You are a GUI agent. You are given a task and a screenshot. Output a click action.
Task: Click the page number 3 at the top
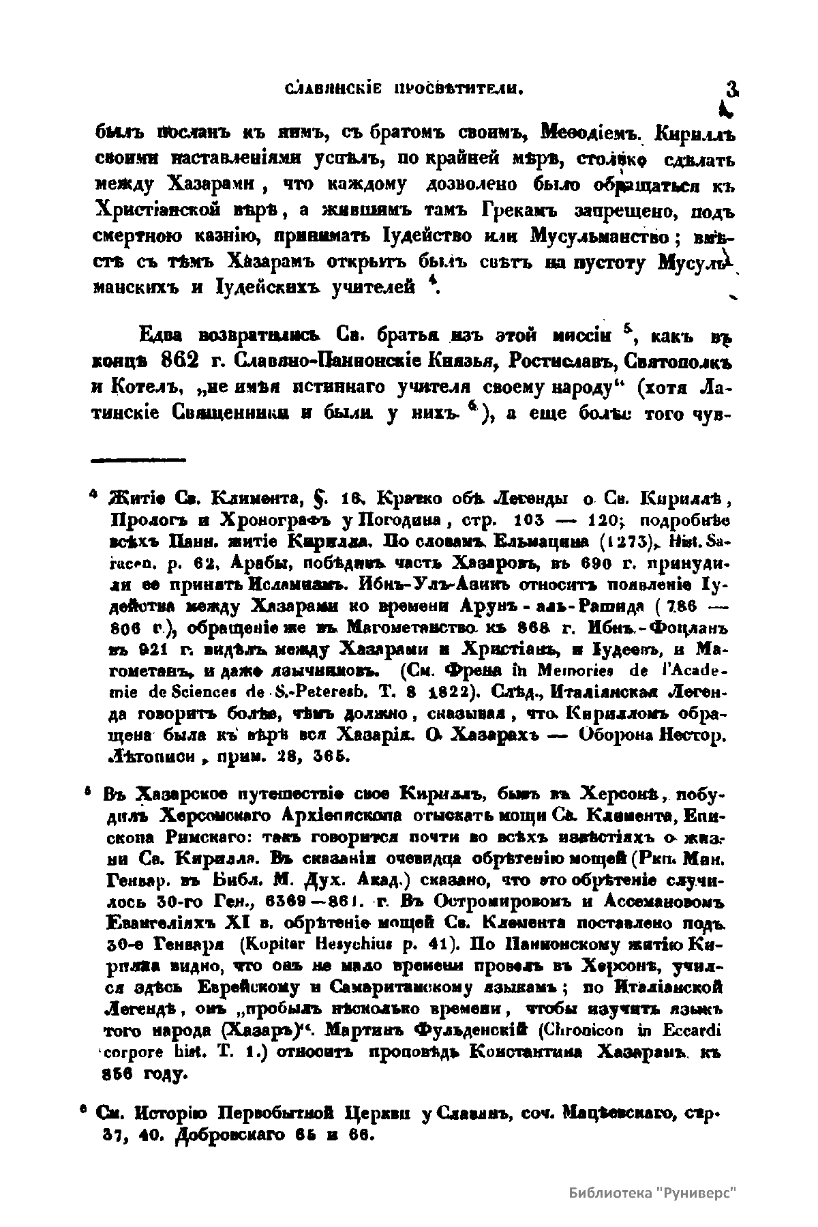point(733,89)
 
